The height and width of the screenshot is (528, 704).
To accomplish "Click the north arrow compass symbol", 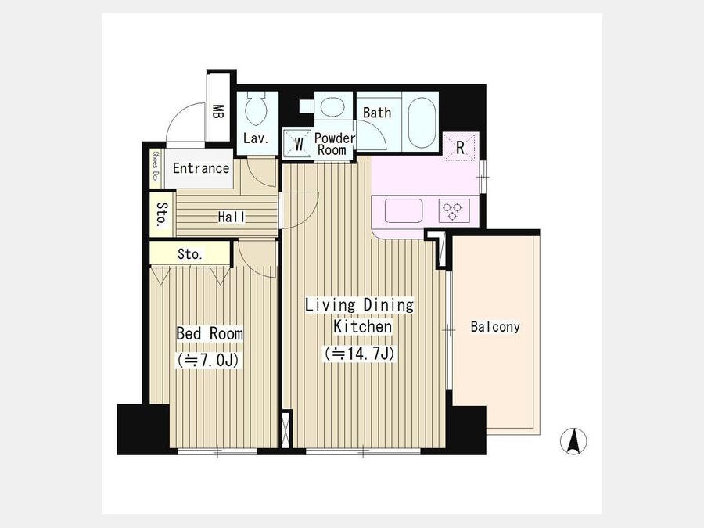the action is click(573, 441).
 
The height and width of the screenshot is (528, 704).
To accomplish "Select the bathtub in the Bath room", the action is click(422, 122).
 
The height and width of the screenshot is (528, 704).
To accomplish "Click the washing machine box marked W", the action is click(297, 143).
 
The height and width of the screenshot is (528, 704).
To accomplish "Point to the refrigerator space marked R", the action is click(460, 147).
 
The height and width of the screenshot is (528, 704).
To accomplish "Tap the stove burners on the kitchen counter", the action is click(453, 211).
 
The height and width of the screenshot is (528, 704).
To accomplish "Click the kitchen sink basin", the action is click(403, 210).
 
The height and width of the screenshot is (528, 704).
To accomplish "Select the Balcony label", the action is click(495, 326).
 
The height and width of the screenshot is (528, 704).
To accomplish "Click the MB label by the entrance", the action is click(218, 112).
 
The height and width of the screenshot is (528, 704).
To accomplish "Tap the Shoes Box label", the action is click(156, 166).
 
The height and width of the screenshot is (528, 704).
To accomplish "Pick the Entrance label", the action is click(201, 168).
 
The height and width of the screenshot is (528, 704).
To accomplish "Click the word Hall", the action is click(232, 217).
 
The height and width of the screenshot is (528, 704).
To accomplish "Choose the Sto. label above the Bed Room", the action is click(190, 254).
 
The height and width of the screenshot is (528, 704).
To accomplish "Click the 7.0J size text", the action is click(209, 360).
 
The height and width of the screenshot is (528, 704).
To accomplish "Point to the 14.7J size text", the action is click(360, 354).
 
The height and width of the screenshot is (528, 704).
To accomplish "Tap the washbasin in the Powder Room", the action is click(332, 108).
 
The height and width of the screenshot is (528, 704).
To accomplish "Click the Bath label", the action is click(377, 112).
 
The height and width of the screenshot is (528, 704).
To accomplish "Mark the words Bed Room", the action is click(210, 333).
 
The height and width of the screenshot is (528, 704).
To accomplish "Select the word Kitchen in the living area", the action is click(362, 326).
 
